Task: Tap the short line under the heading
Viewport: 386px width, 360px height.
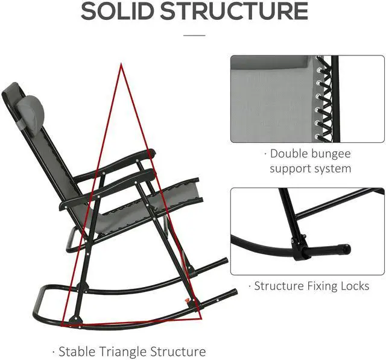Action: coord(194,36)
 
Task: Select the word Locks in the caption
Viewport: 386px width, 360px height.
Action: coord(351,285)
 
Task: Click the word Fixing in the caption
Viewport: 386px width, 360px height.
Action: coord(314,285)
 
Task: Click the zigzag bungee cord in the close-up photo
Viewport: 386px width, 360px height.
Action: coord(326,96)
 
